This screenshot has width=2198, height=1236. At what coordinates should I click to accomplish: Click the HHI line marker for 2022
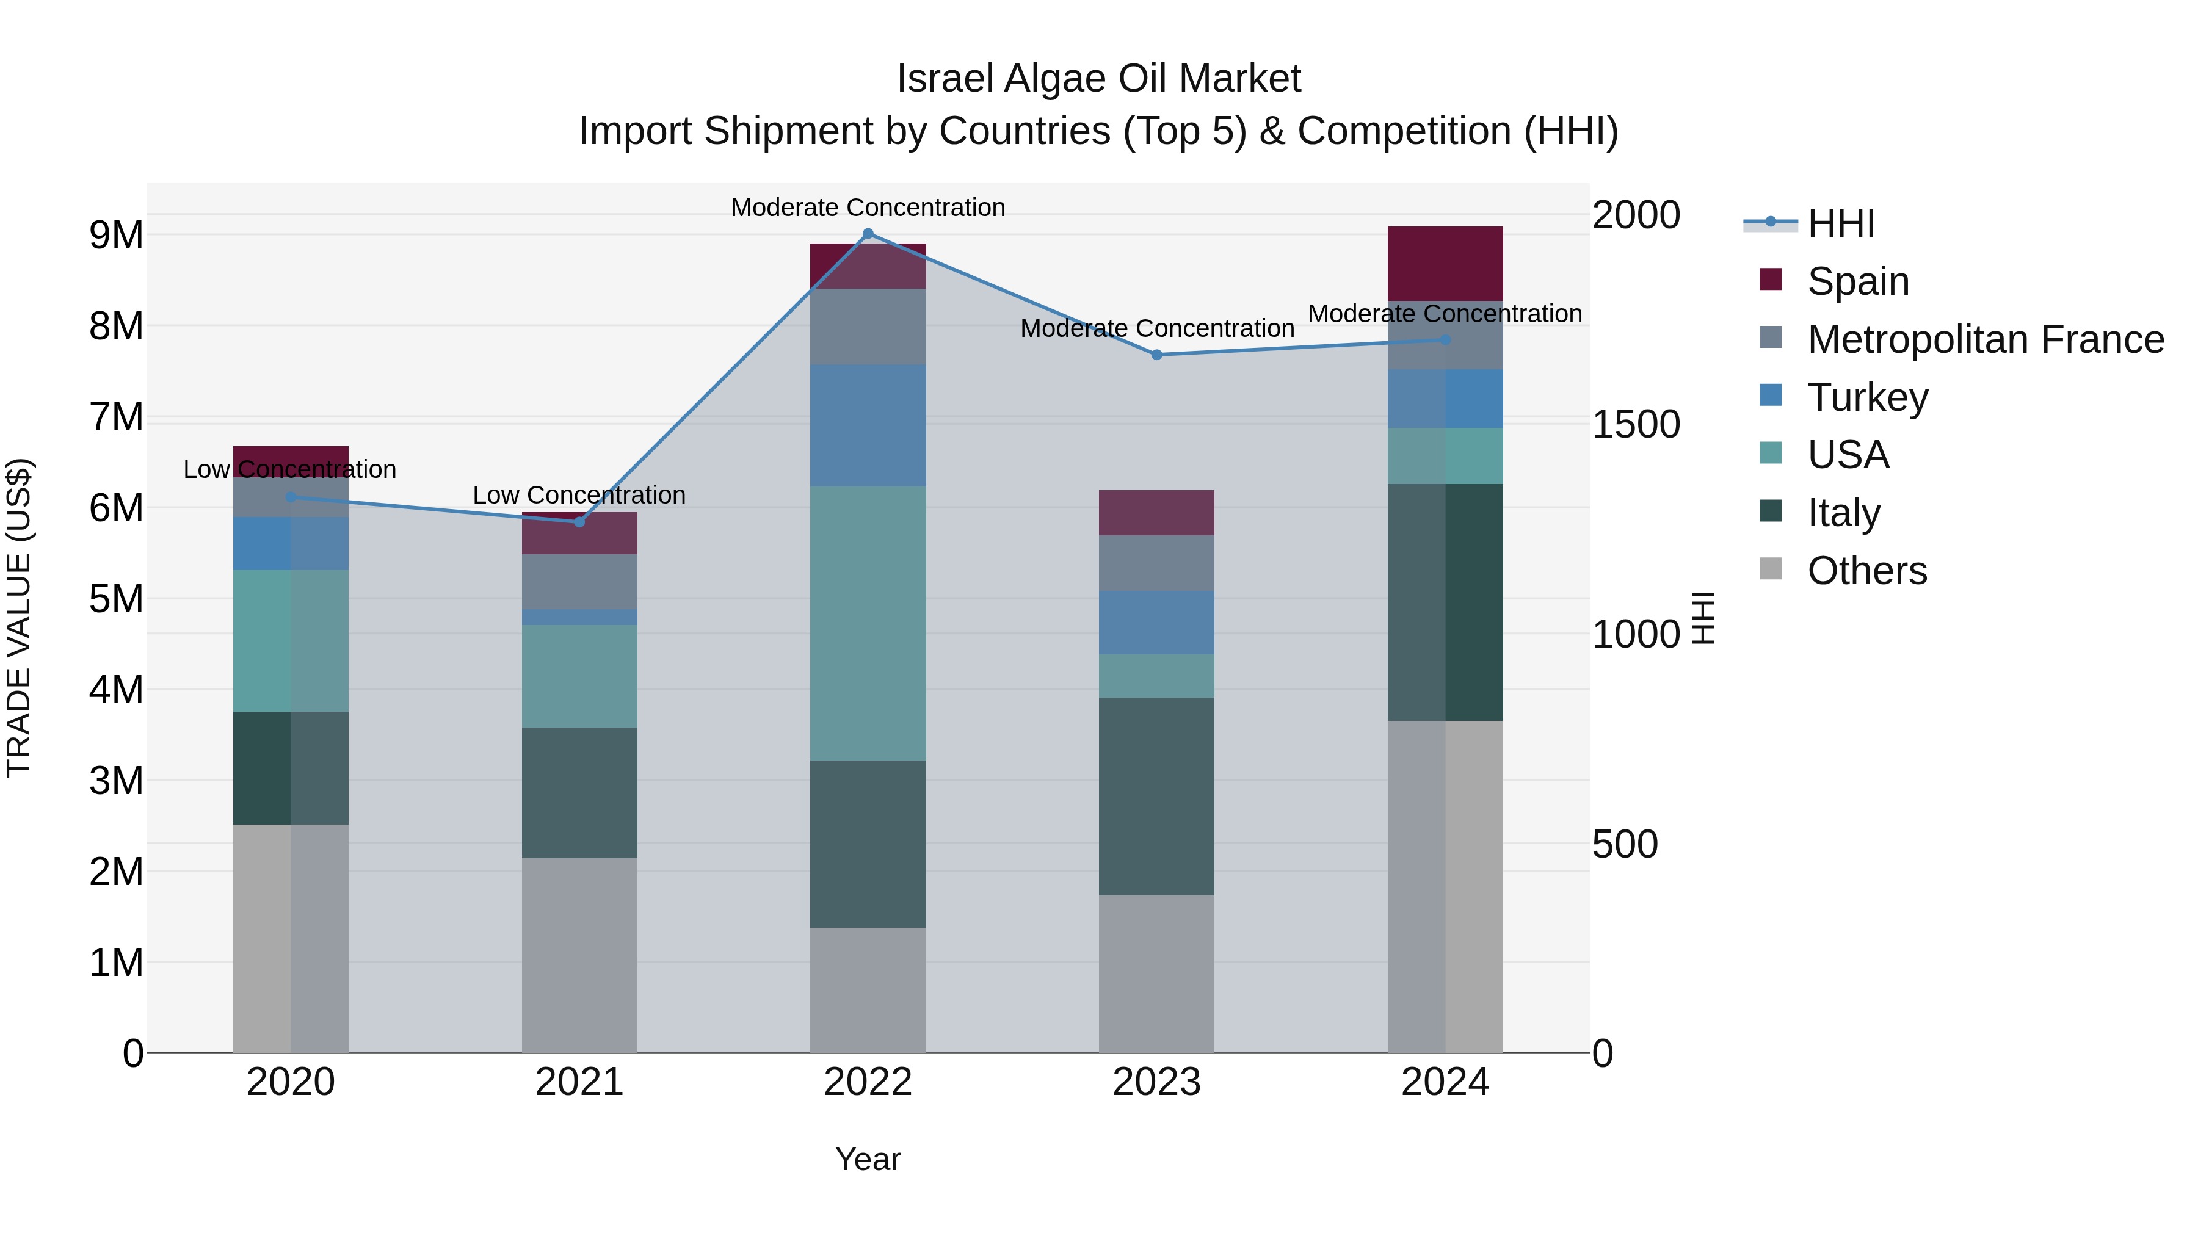(868, 234)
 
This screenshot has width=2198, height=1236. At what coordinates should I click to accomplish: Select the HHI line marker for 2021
(579, 522)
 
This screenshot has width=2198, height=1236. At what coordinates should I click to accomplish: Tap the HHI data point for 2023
(1157, 355)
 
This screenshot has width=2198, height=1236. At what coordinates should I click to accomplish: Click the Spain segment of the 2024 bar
(1445, 264)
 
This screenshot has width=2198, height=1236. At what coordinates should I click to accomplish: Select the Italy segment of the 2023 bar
(1156, 796)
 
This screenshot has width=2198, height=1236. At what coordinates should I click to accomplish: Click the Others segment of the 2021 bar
(579, 955)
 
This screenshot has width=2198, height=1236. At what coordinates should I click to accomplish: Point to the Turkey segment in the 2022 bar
(868, 425)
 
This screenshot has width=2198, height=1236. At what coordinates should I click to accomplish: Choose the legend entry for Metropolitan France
(1985, 339)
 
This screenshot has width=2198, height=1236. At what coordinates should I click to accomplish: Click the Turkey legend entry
(1867, 397)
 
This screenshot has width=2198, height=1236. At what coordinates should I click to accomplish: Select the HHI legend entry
(1840, 223)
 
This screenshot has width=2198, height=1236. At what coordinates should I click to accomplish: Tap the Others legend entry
(1866, 571)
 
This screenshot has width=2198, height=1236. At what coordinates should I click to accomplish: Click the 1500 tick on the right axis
(1636, 425)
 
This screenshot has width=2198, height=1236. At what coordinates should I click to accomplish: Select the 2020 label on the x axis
(291, 1082)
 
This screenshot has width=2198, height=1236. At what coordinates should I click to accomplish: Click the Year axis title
(868, 1159)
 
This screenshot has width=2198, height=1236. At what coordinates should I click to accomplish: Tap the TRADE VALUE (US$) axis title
(20, 618)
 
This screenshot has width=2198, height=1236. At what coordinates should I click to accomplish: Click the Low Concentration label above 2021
(579, 495)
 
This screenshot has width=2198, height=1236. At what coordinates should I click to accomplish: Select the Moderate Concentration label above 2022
(868, 208)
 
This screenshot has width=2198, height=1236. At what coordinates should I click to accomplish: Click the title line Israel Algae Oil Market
(1098, 79)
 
